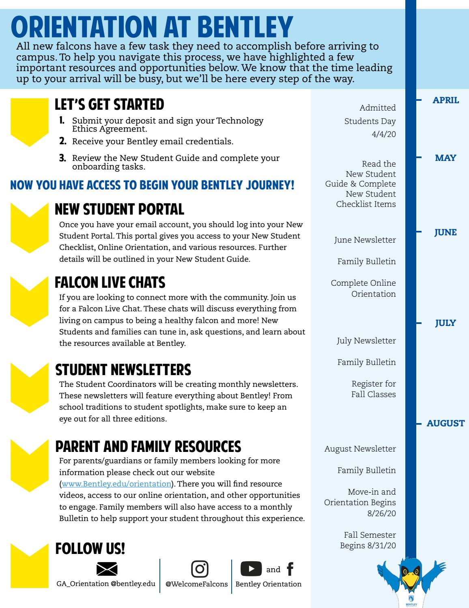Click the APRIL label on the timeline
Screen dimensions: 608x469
(x=446, y=100)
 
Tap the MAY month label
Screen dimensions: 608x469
(x=445, y=158)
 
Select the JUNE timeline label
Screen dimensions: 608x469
(x=445, y=232)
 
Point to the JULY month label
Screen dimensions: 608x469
(x=445, y=323)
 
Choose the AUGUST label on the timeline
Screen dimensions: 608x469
(x=445, y=423)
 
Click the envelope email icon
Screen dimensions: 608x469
(x=107, y=569)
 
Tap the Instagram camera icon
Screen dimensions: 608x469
(x=199, y=569)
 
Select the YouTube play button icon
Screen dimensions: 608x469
(x=251, y=569)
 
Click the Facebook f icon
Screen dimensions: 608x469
(x=290, y=569)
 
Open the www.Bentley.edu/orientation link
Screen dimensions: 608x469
(x=116, y=484)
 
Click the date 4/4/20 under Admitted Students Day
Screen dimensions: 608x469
(x=383, y=134)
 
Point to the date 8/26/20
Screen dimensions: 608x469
(x=381, y=513)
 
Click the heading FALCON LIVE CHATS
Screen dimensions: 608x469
(x=110, y=282)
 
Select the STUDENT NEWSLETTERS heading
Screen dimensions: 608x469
(x=123, y=370)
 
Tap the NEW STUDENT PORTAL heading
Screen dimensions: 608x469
(x=119, y=209)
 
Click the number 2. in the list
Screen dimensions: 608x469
(x=63, y=141)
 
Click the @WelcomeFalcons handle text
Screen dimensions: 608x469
(x=197, y=584)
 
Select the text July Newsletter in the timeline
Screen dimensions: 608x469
(x=366, y=341)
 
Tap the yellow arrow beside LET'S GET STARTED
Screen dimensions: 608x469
(x=29, y=122)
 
